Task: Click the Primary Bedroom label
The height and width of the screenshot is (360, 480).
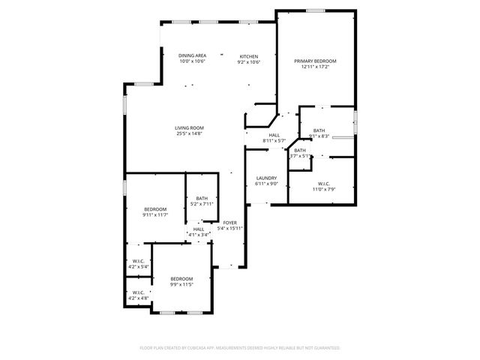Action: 315,61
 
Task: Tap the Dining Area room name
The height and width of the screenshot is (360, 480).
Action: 193,56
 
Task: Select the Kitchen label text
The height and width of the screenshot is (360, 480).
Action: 249,56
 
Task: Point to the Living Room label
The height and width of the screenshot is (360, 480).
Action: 190,128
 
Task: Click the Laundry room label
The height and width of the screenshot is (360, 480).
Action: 266,178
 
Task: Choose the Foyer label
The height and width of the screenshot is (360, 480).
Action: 230,223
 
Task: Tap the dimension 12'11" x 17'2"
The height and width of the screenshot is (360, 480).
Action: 315,67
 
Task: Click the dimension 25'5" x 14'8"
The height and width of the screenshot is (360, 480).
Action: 190,134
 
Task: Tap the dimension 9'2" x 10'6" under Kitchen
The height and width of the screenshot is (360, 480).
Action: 249,62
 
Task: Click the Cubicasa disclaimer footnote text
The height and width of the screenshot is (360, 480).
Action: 240,348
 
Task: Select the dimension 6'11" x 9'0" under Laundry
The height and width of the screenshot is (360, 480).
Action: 266,184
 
